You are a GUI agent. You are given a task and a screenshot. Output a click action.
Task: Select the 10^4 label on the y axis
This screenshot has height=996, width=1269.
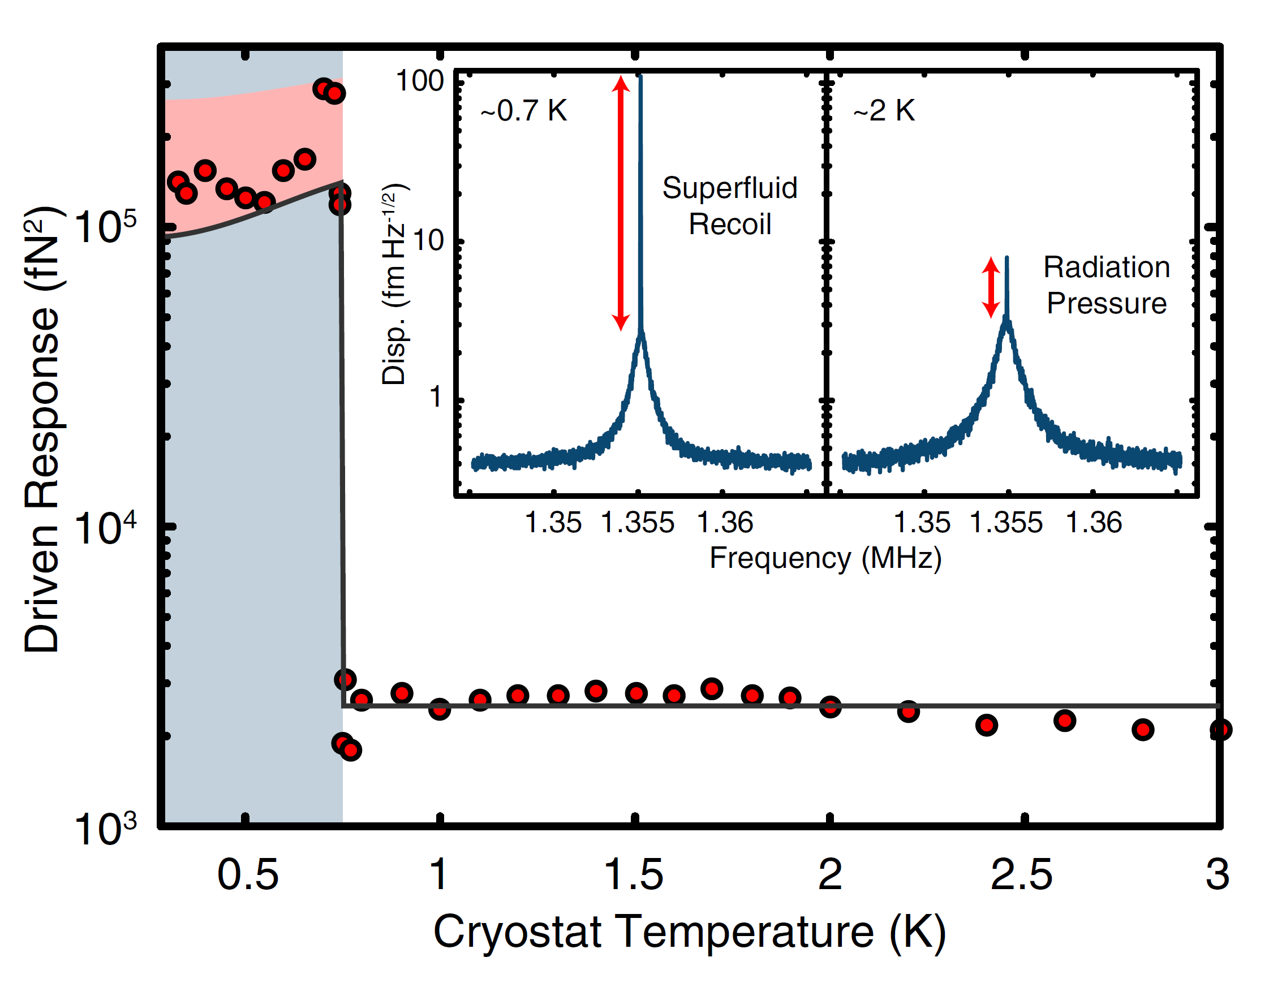click(105, 528)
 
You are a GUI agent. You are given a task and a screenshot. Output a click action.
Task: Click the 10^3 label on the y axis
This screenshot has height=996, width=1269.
click(105, 829)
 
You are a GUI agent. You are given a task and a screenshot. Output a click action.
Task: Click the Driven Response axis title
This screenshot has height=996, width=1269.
click(42, 429)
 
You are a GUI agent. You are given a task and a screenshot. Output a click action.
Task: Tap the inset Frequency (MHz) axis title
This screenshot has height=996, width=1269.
click(825, 558)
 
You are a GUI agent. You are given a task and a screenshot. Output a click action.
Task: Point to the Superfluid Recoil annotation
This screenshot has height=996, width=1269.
click(730, 206)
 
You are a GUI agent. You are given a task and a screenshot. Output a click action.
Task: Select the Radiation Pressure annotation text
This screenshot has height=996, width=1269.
click(1106, 285)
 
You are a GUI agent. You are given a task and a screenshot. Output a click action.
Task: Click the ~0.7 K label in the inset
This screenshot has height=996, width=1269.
click(523, 110)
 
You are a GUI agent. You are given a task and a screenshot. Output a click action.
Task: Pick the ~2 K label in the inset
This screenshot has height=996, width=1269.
click(884, 110)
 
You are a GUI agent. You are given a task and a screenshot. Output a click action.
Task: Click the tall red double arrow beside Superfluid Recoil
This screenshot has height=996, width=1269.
click(621, 203)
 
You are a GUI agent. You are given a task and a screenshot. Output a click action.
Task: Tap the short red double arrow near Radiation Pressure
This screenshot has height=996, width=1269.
click(991, 287)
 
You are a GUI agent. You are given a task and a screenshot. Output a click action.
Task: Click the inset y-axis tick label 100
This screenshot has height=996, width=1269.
click(419, 80)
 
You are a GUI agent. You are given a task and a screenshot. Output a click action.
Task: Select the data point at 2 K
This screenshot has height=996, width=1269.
click(830, 708)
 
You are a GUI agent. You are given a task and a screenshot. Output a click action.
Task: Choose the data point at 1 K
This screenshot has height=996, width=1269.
click(439, 709)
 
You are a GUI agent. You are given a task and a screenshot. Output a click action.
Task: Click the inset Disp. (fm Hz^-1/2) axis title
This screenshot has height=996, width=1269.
click(395, 284)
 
